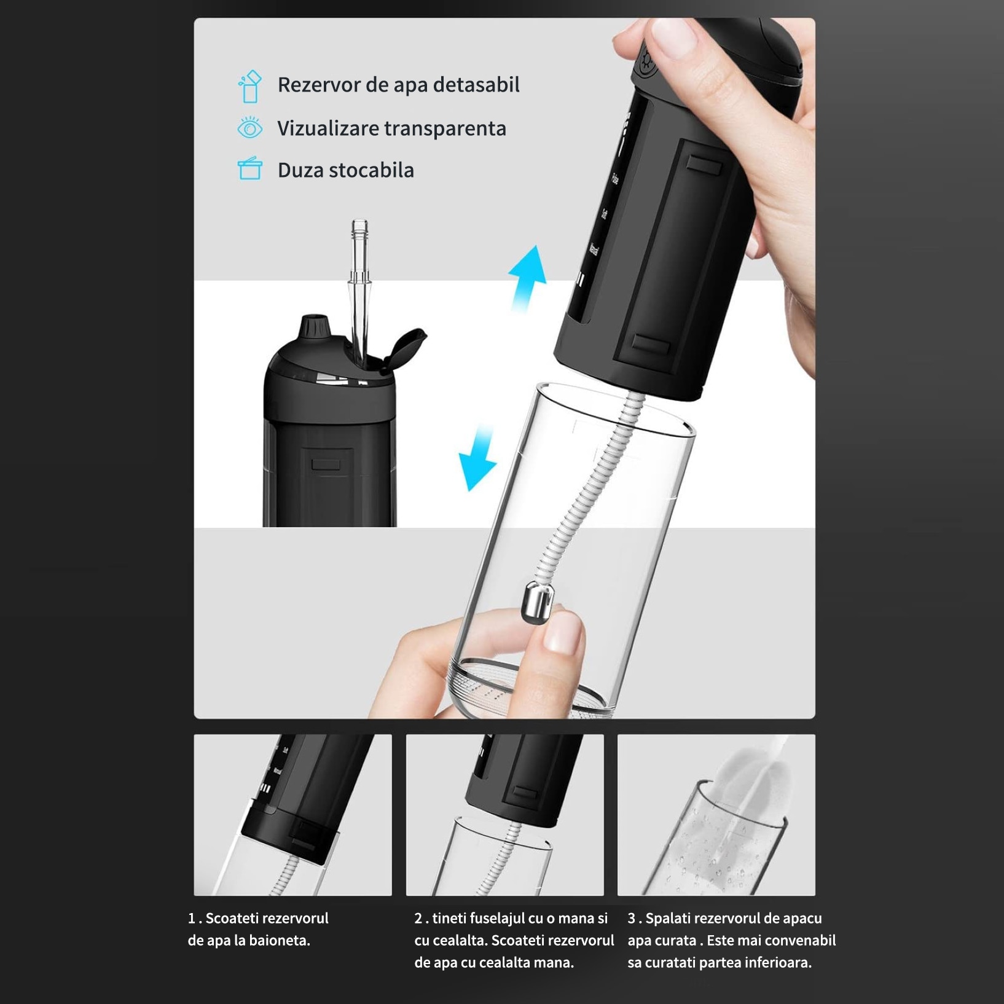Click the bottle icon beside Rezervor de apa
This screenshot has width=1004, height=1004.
pyautogui.click(x=249, y=87)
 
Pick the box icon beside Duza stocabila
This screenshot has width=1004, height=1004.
pyautogui.click(x=249, y=168)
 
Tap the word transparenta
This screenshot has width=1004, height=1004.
pyautogui.click(x=445, y=129)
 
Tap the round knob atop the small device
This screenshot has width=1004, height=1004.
pyautogui.click(x=314, y=326)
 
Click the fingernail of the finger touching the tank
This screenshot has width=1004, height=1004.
pyautogui.click(x=562, y=633)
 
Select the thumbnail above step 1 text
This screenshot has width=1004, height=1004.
pyautogui.click(x=292, y=815)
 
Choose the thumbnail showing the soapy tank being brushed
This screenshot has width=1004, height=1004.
pyautogui.click(x=716, y=815)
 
